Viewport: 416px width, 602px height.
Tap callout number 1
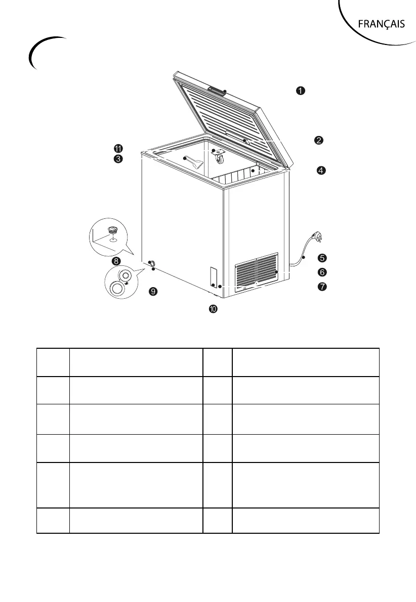300,90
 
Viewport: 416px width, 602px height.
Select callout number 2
319,140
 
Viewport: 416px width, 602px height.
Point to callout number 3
117,159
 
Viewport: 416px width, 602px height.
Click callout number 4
321,170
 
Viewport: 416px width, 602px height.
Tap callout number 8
116,261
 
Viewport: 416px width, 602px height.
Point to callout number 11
117,149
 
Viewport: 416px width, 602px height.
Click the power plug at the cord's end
317,237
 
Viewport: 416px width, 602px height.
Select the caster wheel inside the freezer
219,157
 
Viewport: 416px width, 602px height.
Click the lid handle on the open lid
217,91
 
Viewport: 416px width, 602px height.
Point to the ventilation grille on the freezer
257,271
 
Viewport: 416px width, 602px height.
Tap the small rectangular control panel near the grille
213,277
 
